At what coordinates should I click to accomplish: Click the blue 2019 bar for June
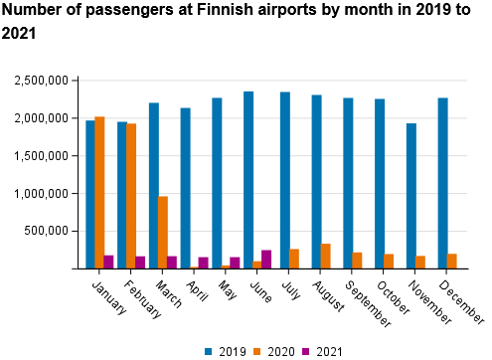248,180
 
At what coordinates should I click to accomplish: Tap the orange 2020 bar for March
163,232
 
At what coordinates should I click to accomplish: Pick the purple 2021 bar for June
266,259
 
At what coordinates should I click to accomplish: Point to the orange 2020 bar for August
325,256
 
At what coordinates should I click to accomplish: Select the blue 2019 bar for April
185,188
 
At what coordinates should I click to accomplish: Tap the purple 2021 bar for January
108,262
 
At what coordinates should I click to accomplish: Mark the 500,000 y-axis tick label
47,231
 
